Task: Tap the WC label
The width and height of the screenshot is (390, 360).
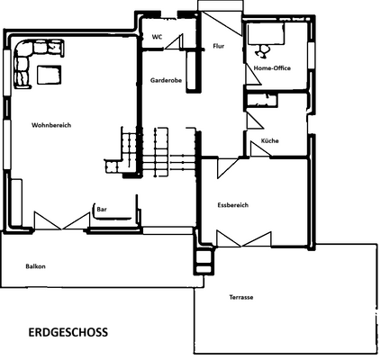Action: tap(157, 38)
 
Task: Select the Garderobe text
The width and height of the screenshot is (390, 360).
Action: tap(166, 80)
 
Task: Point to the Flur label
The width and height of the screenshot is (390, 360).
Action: tap(217, 46)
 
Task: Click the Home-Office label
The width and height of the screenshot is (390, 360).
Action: tap(272, 68)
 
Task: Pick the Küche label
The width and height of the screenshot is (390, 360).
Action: tap(269, 142)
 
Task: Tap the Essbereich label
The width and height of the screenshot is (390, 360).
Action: tap(232, 205)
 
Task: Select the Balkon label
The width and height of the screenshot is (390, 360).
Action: tap(35, 266)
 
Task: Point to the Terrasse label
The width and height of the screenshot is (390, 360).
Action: tap(240, 297)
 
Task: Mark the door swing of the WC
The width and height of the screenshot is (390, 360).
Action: tap(177, 42)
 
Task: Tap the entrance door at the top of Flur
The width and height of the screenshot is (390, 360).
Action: tap(220, 11)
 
